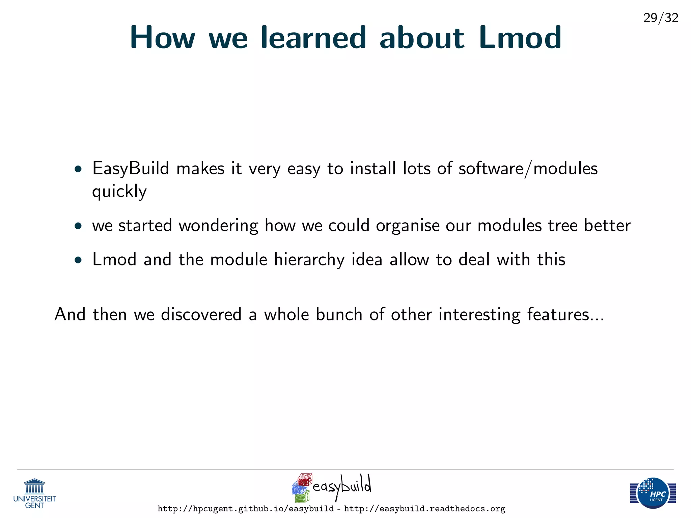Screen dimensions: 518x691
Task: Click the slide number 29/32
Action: (x=661, y=18)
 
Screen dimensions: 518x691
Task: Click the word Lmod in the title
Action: (x=520, y=38)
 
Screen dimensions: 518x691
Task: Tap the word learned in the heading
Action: (x=313, y=38)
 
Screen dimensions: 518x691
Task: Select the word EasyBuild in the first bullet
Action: (x=130, y=169)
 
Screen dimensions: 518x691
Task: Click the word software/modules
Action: (x=528, y=169)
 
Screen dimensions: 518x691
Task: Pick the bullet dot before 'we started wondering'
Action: (x=78, y=226)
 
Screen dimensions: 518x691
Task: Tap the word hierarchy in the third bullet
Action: (x=309, y=260)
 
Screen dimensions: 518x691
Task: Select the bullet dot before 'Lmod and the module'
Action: (x=78, y=260)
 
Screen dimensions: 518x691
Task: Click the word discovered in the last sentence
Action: (x=201, y=314)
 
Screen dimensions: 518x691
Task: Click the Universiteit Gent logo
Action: (x=34, y=493)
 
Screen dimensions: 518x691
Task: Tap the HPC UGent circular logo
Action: (x=653, y=493)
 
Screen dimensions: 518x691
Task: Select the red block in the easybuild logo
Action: (x=305, y=479)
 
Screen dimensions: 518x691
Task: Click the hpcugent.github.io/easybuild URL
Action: (x=245, y=509)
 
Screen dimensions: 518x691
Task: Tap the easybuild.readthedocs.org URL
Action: (x=424, y=509)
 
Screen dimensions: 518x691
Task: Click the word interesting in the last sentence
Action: (x=479, y=314)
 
